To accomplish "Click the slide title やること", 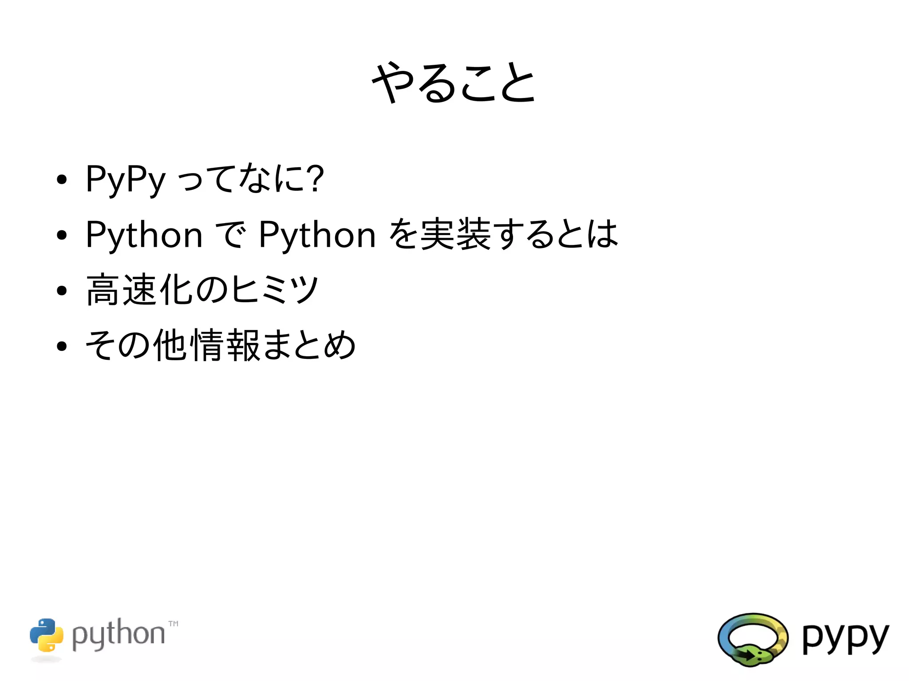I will tap(454, 83).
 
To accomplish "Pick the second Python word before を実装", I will tap(317, 235).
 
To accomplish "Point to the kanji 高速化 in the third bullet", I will tap(140, 290).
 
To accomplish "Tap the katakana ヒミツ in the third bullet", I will tap(275, 290).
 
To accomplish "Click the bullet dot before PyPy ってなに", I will tap(62, 180).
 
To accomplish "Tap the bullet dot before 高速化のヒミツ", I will tap(62, 291).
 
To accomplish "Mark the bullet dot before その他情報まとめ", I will tap(62, 346).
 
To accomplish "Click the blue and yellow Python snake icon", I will tap(47, 635).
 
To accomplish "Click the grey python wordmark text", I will tap(119, 635).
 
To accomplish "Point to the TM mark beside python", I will tap(174, 624).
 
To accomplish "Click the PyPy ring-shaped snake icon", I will tap(753, 639).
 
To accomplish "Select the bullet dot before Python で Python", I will tap(62, 236).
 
